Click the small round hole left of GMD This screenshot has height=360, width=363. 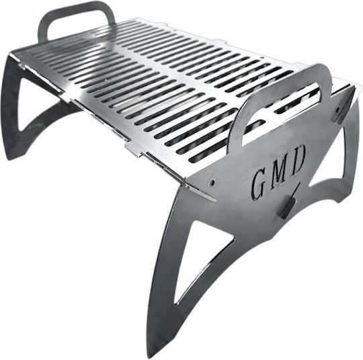211,183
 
